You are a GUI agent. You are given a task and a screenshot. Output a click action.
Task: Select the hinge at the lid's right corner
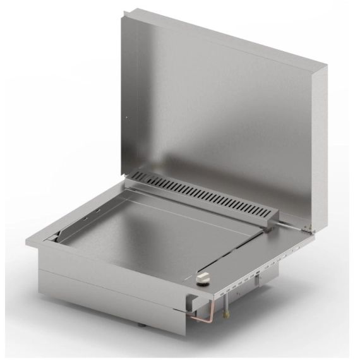click(x=308, y=228)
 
